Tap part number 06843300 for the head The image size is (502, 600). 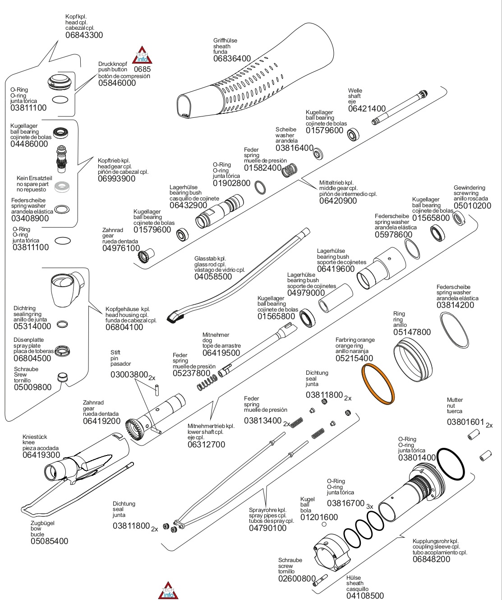84,35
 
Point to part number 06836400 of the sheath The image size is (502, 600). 232,59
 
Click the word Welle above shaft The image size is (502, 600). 355,90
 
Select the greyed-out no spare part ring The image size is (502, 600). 62,187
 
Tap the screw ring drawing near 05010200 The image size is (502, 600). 459,219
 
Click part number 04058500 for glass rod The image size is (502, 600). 213,277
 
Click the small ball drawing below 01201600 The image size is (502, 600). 324,524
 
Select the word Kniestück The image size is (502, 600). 35,437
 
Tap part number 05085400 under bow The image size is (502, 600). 50,541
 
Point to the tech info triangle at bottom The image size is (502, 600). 168,591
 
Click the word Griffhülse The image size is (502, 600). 225,41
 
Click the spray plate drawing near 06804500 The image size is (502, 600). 62,351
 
